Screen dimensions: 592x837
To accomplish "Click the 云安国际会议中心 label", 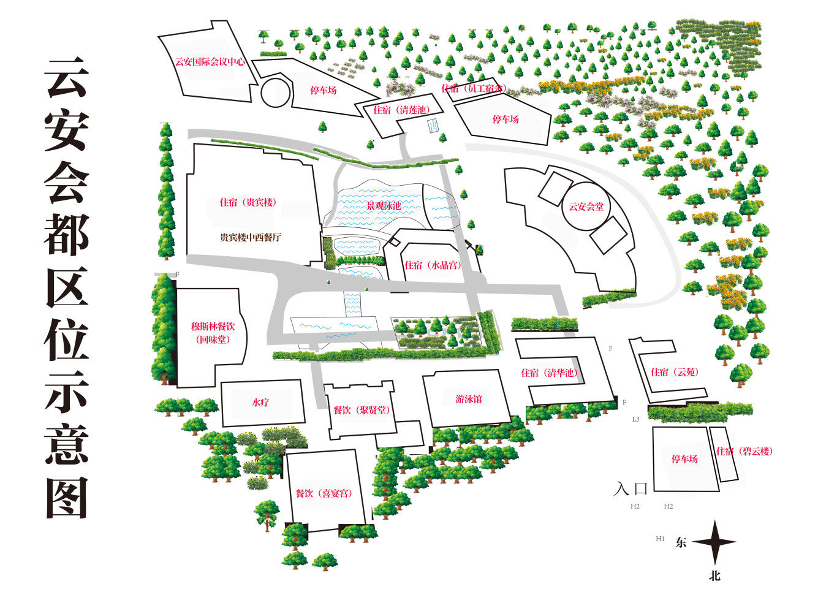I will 210,62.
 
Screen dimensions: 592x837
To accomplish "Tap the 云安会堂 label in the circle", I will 586,207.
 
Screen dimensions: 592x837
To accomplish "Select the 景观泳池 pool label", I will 384,206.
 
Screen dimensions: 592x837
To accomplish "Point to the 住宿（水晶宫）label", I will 433,265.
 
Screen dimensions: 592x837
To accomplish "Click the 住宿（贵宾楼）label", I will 248,202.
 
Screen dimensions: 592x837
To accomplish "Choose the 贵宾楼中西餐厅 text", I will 251,237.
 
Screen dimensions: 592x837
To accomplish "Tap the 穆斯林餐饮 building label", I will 213,327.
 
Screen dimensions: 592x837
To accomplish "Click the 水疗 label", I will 260,403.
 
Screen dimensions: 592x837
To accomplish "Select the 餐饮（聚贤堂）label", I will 362,410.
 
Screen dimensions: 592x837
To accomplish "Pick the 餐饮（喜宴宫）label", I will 324,493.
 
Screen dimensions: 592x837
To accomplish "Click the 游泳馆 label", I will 469,399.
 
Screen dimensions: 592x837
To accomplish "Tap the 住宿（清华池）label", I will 549,373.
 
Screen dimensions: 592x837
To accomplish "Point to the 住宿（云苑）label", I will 675,372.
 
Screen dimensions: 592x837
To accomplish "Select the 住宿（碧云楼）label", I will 744,452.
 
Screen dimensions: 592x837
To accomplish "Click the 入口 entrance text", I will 631,488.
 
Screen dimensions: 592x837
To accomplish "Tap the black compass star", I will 714,542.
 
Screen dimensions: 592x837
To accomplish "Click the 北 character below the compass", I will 714,576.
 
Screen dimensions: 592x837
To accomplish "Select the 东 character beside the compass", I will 681,542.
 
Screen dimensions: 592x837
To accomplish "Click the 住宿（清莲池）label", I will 401,110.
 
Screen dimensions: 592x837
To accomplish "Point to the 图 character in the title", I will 66,498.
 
